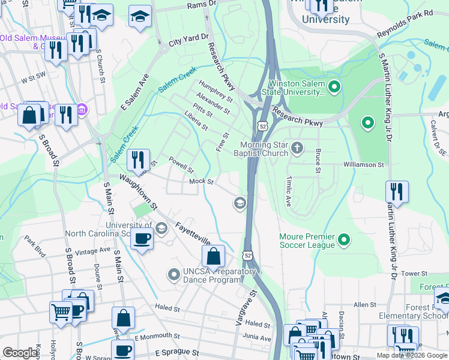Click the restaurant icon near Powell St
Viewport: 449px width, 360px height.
(139, 160)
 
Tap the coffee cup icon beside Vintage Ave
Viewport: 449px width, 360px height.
(142, 238)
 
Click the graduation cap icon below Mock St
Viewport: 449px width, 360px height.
(240, 203)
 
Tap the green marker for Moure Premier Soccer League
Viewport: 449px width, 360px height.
(344, 241)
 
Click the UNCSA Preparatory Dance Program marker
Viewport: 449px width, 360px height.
(174, 275)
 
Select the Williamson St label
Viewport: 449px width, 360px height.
(363, 164)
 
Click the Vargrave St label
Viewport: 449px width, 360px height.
(243, 308)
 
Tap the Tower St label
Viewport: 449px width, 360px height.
(414, 273)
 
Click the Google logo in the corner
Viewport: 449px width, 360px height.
(20, 353)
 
